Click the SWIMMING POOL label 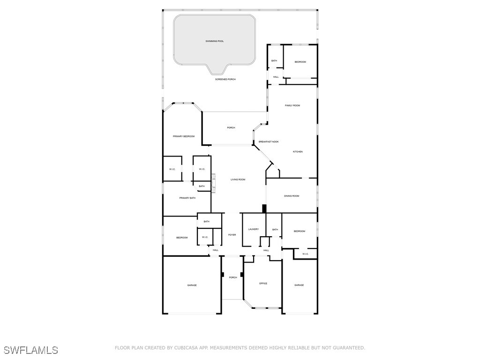[x=215, y=41]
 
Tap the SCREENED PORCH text [x=225, y=80]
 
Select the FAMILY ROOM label [x=292, y=105]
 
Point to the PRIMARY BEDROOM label [x=184, y=136]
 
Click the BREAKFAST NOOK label [x=269, y=142]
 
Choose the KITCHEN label [x=298, y=152]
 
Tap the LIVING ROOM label [x=238, y=180]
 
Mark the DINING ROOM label [x=292, y=196]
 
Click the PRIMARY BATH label [x=187, y=198]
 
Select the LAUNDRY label [x=254, y=229]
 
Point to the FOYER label [x=232, y=235]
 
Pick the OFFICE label [x=263, y=284]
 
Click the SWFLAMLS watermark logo [x=31, y=350]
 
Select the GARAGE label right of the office [x=299, y=285]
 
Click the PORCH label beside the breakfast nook [x=231, y=128]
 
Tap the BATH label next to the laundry [x=275, y=230]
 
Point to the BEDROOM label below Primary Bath [x=182, y=238]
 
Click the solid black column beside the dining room [x=264, y=208]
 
